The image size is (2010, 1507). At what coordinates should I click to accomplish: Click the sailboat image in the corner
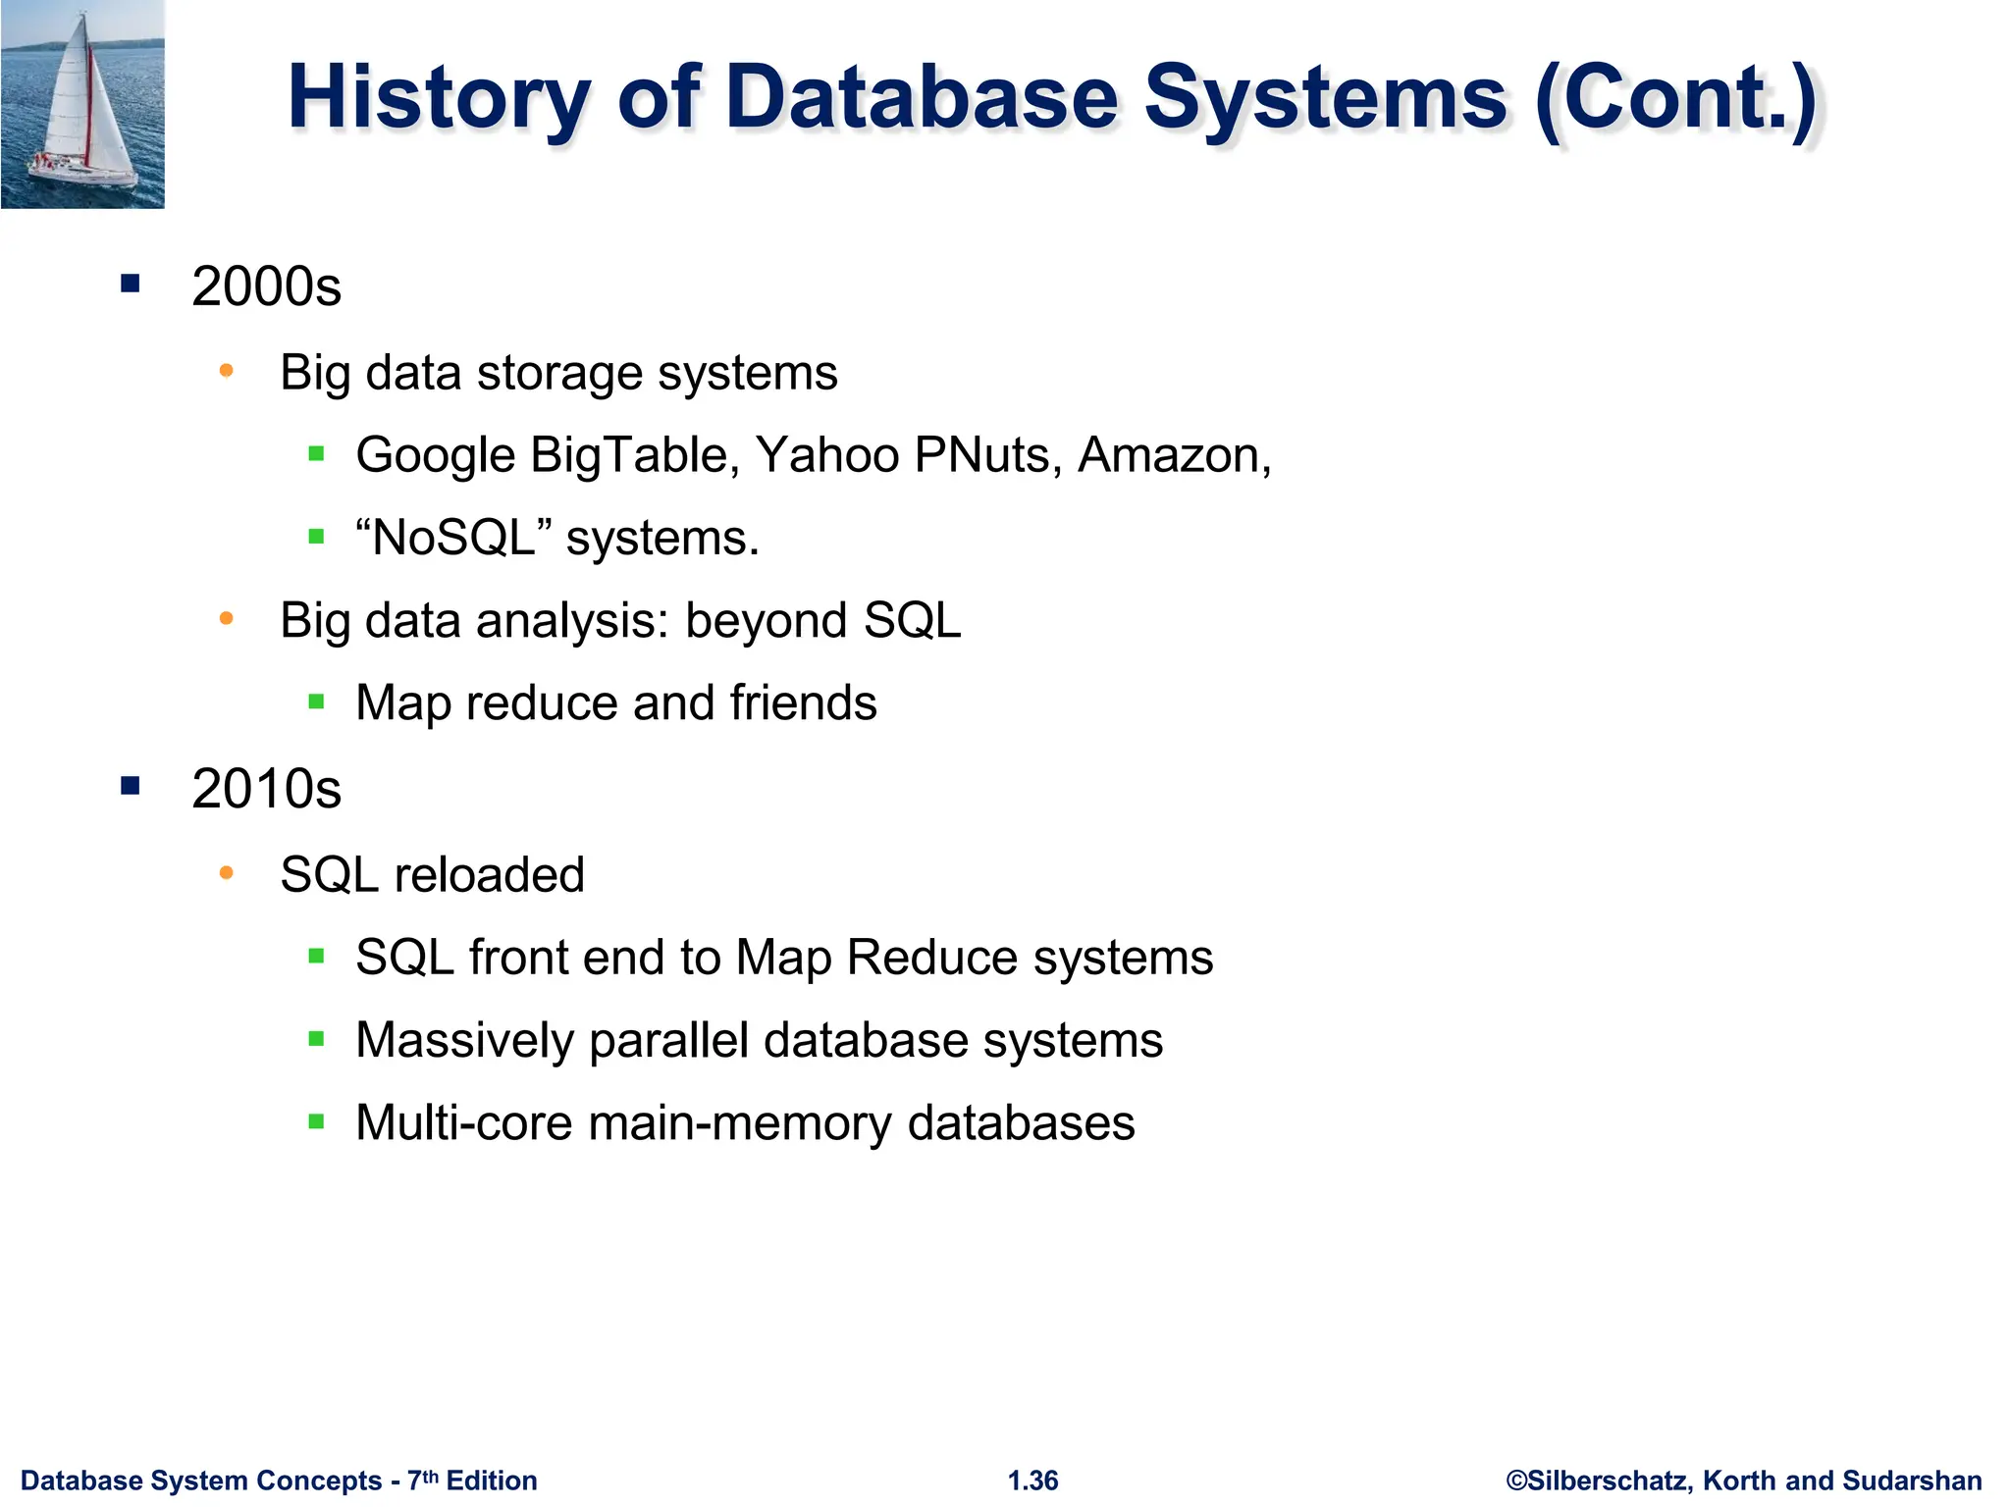click(82, 104)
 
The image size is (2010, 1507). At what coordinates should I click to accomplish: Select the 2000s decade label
click(266, 286)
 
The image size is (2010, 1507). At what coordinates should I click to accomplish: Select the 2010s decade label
click(266, 789)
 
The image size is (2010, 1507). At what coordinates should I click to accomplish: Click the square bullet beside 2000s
click(131, 285)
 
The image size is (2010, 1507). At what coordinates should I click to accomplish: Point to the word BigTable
click(635, 455)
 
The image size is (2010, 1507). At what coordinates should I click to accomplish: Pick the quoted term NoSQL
click(453, 538)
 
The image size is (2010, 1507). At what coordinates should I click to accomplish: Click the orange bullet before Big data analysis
click(227, 618)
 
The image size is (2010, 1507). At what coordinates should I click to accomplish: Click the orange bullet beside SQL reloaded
click(227, 872)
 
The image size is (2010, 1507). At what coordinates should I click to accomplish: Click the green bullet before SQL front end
click(316, 957)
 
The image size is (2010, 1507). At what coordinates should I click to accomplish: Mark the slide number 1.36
click(1033, 1481)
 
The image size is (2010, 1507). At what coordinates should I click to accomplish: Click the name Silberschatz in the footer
click(1610, 1481)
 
